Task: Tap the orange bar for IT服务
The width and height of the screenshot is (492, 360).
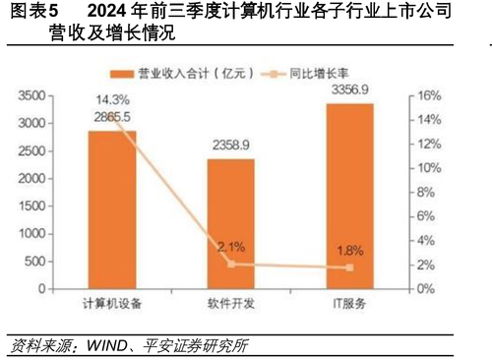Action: click(349, 197)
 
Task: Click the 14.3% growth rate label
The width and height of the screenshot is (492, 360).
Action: click(112, 99)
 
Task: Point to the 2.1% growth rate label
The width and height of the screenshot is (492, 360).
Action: click(230, 247)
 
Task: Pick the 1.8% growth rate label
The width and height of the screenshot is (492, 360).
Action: click(349, 251)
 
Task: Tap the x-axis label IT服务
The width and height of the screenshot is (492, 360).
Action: click(349, 305)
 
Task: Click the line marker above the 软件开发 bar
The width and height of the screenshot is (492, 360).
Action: click(230, 264)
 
